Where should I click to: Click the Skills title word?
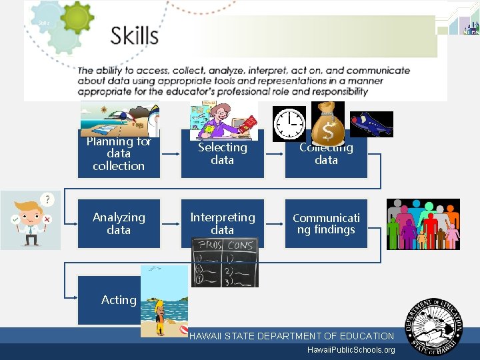(134, 35)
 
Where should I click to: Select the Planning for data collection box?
(119, 154)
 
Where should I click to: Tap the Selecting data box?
(222, 154)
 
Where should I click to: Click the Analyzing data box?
(119, 223)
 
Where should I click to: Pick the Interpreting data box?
(222, 223)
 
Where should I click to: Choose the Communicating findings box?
(326, 223)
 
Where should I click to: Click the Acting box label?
(119, 300)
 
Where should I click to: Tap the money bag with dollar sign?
(328, 121)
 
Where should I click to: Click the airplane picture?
(371, 124)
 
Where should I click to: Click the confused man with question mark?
(31, 220)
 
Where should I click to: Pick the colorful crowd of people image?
(423, 224)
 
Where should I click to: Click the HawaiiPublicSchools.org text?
(351, 350)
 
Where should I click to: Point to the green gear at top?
(77, 23)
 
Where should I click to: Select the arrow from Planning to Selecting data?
(171, 154)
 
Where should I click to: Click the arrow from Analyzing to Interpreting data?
(171, 223)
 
